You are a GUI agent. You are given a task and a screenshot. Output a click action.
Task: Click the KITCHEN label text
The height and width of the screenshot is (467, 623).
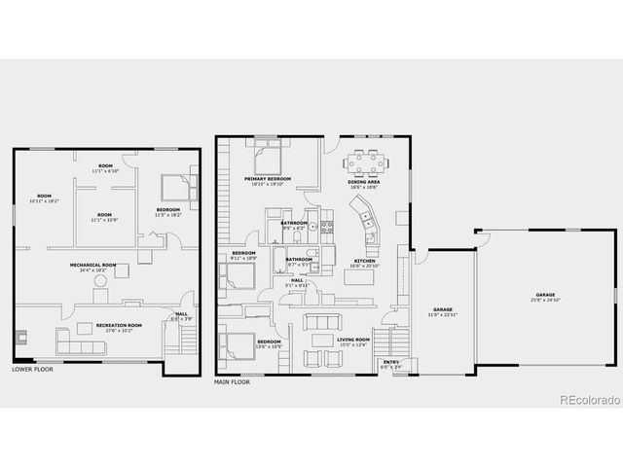point(364,261)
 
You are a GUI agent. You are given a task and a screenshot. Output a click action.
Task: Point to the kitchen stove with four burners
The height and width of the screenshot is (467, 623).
point(328,228)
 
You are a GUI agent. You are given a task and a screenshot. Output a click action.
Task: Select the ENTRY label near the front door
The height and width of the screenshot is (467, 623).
point(390,362)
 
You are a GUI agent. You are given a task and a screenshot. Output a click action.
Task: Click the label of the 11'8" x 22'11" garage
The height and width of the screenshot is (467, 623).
point(443,310)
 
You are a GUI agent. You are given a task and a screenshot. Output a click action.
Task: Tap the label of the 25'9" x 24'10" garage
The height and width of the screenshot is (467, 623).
point(544,295)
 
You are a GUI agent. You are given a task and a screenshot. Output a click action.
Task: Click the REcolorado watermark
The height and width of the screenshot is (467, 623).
point(588,399)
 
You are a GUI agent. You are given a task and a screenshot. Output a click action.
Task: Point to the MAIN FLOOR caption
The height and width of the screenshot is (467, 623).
point(232,382)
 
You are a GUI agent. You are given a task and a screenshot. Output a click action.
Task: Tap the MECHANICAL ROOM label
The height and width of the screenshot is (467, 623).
point(92,265)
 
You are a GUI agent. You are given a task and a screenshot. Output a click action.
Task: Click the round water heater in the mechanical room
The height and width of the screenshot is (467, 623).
point(99,280)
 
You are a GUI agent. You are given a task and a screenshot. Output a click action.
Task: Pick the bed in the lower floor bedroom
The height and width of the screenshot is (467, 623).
point(175,186)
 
